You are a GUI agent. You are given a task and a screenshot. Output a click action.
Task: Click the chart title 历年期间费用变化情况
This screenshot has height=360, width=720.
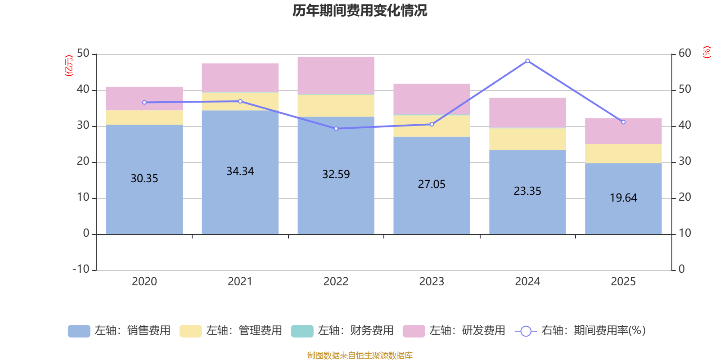360,10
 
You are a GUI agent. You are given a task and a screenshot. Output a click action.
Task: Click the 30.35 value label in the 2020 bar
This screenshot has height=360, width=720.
144,179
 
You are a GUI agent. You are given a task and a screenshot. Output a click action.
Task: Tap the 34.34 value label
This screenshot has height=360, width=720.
240,171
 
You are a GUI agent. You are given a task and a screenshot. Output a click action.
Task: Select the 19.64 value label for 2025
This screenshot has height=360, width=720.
623,198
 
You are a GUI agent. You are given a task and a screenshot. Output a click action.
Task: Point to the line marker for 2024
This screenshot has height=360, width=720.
527,61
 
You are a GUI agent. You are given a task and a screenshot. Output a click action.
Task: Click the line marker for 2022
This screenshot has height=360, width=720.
336,129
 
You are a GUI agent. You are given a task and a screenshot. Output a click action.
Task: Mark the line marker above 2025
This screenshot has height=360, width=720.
623,122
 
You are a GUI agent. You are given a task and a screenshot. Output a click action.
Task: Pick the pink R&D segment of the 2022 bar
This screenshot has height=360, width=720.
336,76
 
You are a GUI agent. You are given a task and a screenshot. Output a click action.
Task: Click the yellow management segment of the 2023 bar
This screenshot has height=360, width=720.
432,126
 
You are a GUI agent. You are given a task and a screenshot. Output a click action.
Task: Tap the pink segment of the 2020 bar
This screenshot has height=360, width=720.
144,98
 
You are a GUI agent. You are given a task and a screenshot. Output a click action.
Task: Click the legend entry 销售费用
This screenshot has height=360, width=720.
120,331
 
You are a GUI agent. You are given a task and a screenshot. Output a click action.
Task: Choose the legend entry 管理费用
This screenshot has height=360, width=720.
231,331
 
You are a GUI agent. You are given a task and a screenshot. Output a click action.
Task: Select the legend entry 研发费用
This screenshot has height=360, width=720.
454,331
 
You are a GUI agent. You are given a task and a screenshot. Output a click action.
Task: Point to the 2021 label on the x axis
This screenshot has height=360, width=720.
240,282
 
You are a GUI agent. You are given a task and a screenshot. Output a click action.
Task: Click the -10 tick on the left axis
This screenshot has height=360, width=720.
81,269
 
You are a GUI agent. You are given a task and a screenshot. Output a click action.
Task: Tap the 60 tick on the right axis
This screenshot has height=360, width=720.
684,53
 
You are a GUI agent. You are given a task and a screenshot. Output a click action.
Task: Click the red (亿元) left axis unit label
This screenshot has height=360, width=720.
68,66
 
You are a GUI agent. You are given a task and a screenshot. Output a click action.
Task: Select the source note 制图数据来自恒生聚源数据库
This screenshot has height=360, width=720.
360,355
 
